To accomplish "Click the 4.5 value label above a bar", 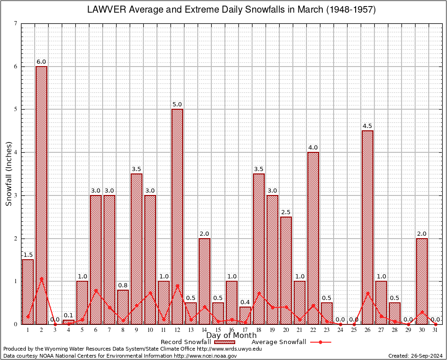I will (368, 126).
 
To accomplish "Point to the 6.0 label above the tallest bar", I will (41, 61).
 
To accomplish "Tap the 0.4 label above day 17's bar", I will (245, 302).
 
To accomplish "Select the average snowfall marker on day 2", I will (41, 278).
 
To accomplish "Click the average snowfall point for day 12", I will (177, 285).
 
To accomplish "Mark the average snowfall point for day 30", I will (422, 312).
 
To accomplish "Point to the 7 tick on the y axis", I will (15, 23).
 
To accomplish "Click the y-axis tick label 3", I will (15, 195).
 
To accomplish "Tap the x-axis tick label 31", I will (436, 330).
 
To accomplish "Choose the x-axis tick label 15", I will (218, 330).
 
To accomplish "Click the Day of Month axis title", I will (231, 335).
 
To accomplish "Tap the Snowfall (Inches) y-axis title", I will (8, 174).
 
